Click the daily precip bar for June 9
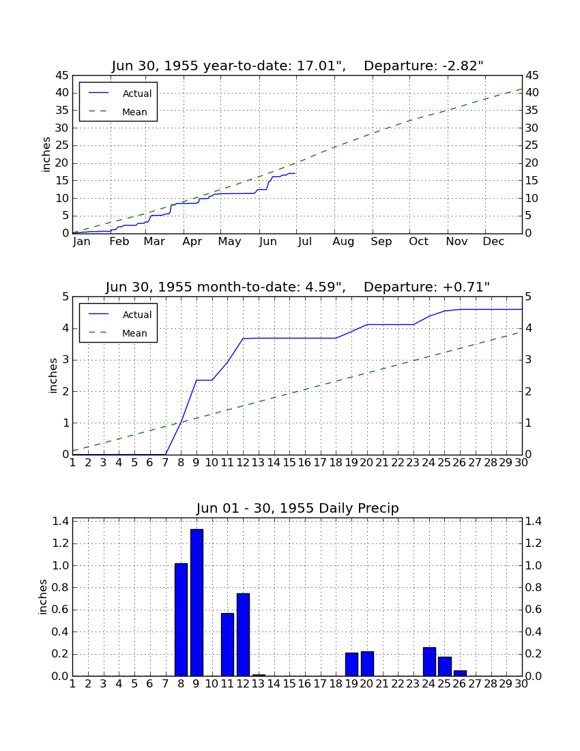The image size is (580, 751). pyautogui.click(x=197, y=603)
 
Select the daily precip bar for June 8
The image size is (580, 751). pyautogui.click(x=181, y=620)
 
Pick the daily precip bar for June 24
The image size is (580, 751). pyautogui.click(x=429, y=662)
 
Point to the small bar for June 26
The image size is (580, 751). pyautogui.click(x=461, y=673)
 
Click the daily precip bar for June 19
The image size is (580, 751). pyautogui.click(x=351, y=664)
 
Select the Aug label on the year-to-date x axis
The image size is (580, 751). pyautogui.click(x=344, y=242)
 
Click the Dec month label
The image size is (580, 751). pyautogui.click(x=493, y=242)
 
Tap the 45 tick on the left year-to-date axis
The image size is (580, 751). pyautogui.click(x=63, y=76)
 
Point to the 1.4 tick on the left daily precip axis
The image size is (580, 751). pyautogui.click(x=61, y=521)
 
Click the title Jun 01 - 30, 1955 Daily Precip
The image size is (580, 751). pyautogui.click(x=298, y=508)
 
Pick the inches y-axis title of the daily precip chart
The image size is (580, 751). pyautogui.click(x=42, y=597)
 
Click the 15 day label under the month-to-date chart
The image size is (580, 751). pyautogui.click(x=289, y=463)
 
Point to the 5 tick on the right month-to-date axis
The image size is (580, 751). pyautogui.click(x=528, y=297)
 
